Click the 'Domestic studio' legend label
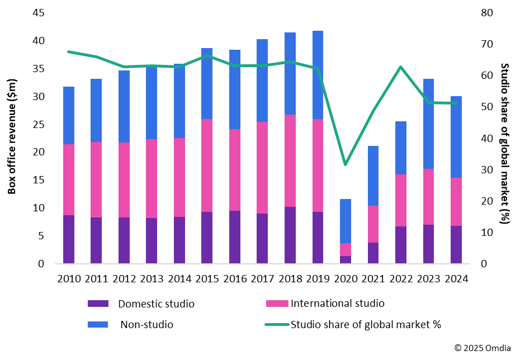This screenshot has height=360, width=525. point(156,304)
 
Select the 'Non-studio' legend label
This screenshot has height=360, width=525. point(146,325)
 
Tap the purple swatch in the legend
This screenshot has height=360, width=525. point(98,304)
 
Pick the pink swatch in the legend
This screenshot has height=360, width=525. point(277,304)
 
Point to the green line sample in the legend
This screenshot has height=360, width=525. point(277,324)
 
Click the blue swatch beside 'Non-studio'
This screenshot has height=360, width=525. point(98,324)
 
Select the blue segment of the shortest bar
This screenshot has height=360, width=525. point(346,221)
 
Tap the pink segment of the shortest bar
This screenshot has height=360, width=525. point(346,249)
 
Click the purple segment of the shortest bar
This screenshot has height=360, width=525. point(346,259)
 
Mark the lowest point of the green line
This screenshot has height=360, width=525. point(346,165)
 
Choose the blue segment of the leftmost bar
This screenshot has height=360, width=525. point(69,115)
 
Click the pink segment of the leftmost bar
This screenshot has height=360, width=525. point(69,179)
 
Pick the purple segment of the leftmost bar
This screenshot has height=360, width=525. point(69,239)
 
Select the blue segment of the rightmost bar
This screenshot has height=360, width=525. point(456,137)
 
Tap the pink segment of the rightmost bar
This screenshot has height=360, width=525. point(456,202)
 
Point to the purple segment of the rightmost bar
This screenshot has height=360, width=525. point(456,244)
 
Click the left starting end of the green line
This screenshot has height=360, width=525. point(68,51)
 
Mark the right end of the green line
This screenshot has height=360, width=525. point(456,103)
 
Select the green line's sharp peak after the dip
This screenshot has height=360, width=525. point(401,67)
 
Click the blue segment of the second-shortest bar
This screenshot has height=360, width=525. point(373,176)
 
